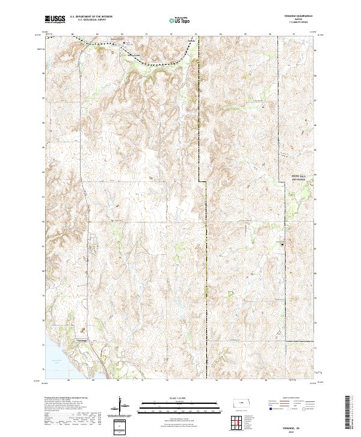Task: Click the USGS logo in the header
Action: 55,19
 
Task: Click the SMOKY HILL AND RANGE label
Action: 291,178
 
